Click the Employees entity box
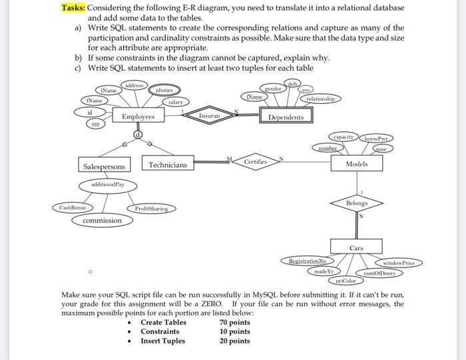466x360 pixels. [x=138, y=116]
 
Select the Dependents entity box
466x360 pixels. [x=286, y=117]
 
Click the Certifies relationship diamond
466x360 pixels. [x=255, y=162]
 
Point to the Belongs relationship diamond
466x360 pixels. [x=357, y=202]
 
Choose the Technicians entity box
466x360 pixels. [x=168, y=164]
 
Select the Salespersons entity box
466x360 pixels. [x=104, y=166]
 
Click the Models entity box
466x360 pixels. [x=357, y=164]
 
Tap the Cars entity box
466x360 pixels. [x=357, y=248]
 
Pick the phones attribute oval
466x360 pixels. [x=164, y=90]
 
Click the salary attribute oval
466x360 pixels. [x=175, y=102]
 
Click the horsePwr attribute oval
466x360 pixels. [x=377, y=138]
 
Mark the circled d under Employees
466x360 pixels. [x=138, y=134]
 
